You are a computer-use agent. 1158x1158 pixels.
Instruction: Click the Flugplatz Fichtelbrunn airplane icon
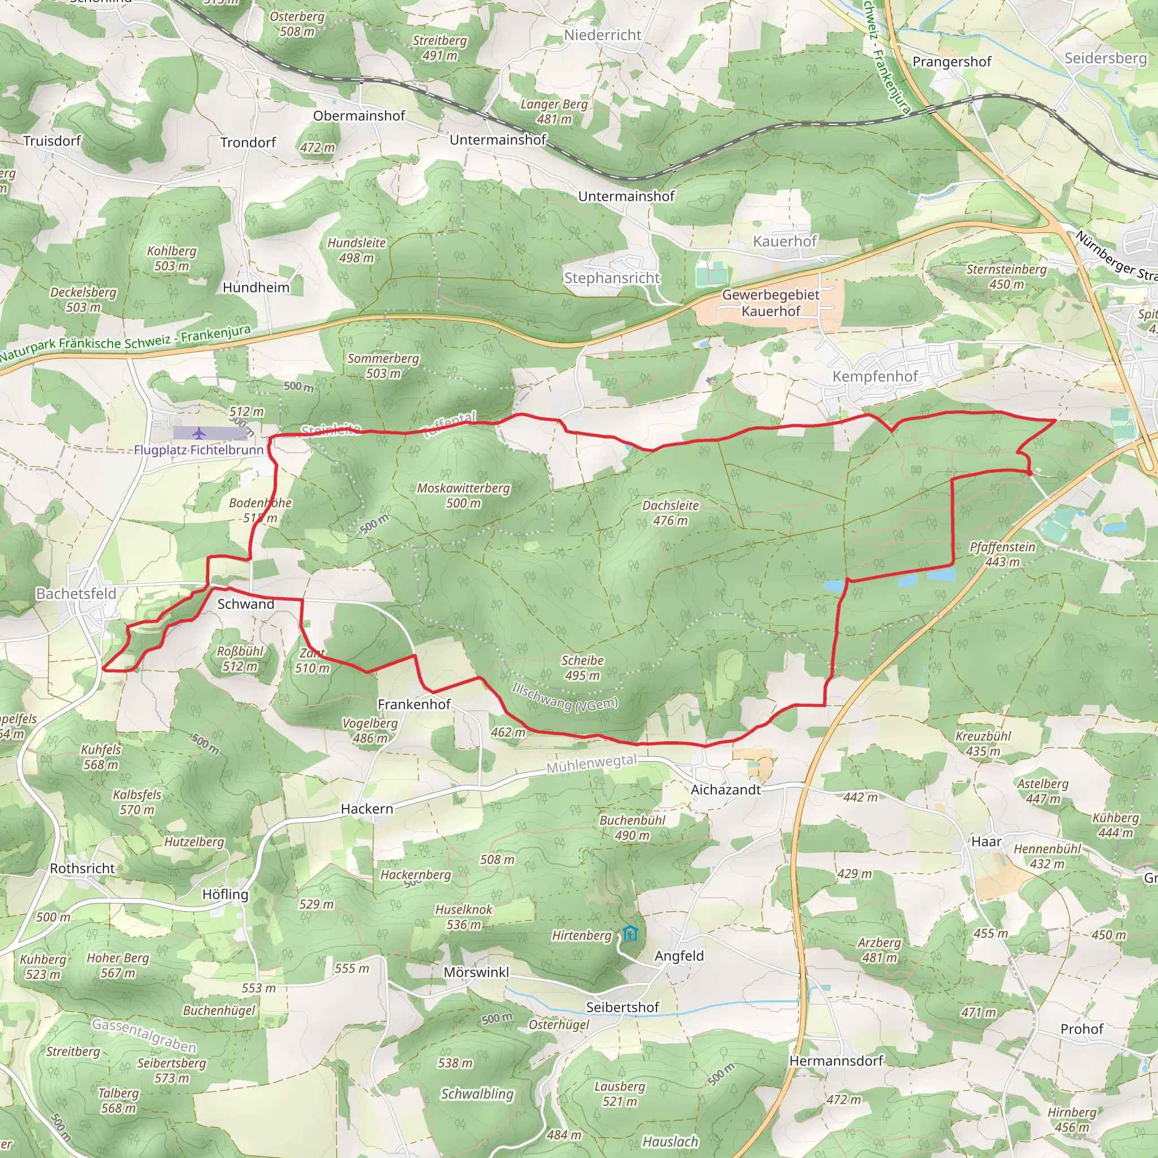(x=199, y=433)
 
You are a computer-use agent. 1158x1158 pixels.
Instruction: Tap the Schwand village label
(x=245, y=604)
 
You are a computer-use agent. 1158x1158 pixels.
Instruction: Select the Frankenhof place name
(x=413, y=705)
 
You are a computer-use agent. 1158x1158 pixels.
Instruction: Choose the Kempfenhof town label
(x=875, y=377)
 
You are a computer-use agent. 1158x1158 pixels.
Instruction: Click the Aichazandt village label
(x=725, y=790)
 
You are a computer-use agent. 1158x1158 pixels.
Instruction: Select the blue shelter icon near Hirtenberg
(x=629, y=933)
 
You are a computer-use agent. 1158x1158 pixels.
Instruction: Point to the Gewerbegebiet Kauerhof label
(x=771, y=303)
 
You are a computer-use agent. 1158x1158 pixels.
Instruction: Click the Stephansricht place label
(x=611, y=278)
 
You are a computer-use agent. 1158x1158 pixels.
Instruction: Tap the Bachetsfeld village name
(x=76, y=593)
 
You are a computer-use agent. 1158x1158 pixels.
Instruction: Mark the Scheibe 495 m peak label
(x=582, y=668)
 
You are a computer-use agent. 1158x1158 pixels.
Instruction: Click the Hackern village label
(x=367, y=809)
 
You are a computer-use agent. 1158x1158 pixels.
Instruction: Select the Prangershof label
(x=951, y=62)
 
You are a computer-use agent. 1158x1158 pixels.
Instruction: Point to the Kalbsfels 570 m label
(x=137, y=802)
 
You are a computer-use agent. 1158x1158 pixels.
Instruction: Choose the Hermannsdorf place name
(x=836, y=1061)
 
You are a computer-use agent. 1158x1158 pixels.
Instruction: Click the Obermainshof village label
(x=359, y=116)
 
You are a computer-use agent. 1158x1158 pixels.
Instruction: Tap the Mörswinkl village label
(x=476, y=972)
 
